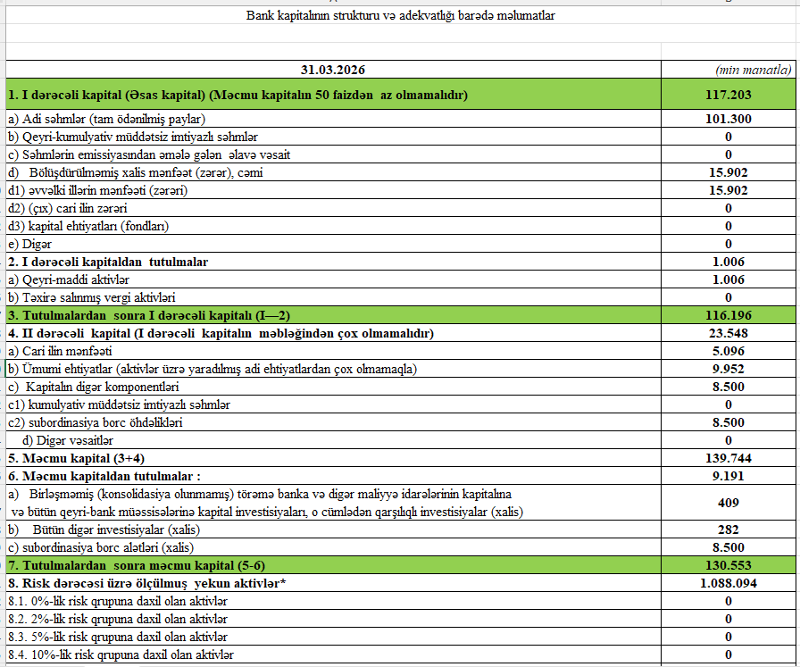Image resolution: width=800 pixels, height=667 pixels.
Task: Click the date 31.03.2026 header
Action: [x=333, y=69]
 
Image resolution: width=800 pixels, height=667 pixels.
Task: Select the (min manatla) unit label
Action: [x=754, y=70]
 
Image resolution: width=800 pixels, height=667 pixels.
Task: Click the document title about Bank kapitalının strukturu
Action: [x=400, y=16]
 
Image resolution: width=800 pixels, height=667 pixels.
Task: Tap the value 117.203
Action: [x=728, y=94]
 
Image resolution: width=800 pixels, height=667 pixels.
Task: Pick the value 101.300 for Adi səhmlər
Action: [x=728, y=119]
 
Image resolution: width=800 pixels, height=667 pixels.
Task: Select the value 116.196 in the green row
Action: [x=728, y=315]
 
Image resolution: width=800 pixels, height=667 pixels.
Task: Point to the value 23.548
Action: [x=728, y=333]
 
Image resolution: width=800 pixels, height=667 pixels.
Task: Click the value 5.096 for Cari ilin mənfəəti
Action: [x=728, y=351]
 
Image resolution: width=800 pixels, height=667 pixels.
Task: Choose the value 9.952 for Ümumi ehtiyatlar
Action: [x=728, y=369]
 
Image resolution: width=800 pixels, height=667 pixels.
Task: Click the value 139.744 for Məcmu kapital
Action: [x=728, y=458]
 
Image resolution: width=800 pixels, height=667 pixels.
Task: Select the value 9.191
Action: [x=728, y=476]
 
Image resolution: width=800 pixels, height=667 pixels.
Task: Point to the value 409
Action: [x=728, y=503]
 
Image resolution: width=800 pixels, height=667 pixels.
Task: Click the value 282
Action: [x=728, y=529]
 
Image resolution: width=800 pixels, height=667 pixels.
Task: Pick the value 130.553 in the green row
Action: [x=728, y=565]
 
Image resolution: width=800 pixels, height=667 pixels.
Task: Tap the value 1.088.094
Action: [x=728, y=583]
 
